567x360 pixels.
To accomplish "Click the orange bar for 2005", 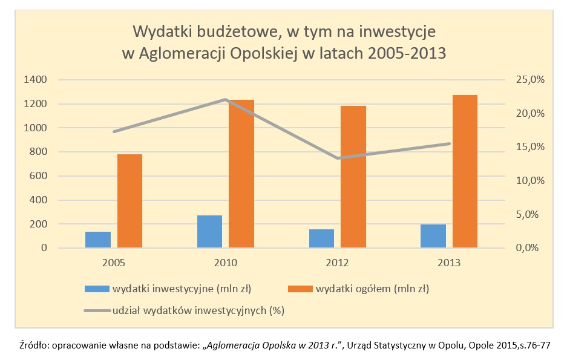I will click(129, 201).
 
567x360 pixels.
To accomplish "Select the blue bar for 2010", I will click(209, 232).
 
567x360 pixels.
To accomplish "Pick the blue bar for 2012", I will click(321, 238).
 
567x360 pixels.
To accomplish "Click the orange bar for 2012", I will click(353, 177).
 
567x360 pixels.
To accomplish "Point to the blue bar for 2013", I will click(433, 236).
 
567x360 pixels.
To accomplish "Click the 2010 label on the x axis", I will click(225, 263).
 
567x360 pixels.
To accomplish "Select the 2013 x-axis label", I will click(448, 263).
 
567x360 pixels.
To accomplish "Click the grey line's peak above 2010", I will click(225, 99).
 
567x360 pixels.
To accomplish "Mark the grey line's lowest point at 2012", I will click(337, 159).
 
